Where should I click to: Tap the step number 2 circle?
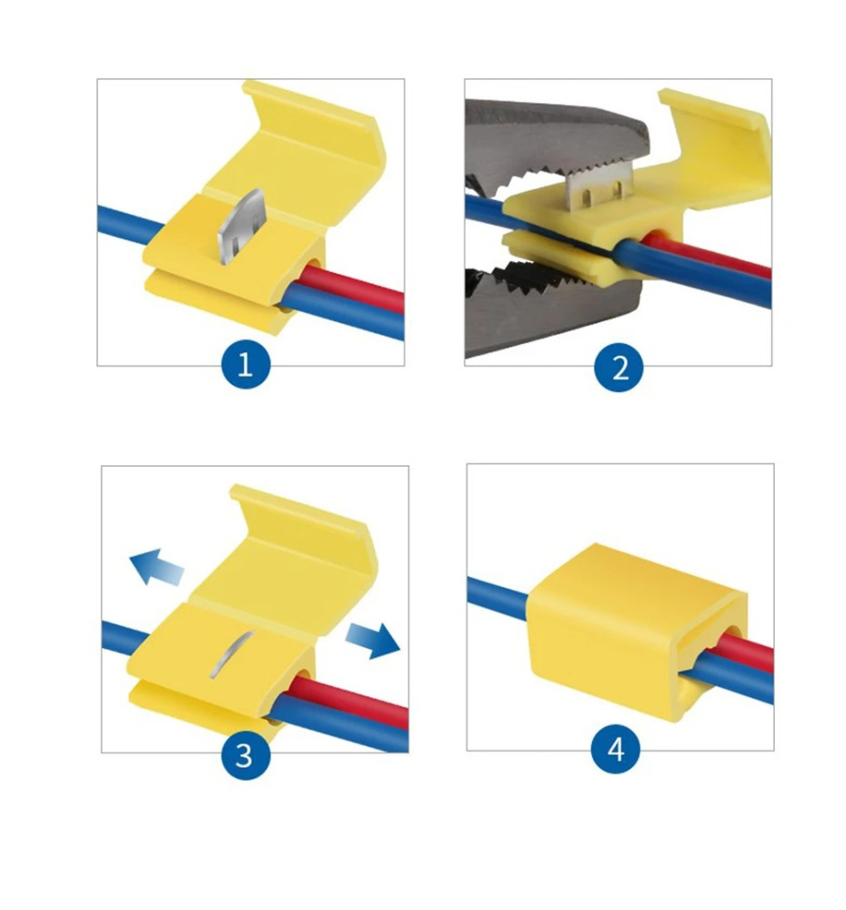coord(619,367)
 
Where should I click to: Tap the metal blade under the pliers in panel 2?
coord(597,185)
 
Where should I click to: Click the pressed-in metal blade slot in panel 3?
coord(230,654)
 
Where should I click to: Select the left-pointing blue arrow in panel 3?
coord(156,566)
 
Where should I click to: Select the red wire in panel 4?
coord(746,650)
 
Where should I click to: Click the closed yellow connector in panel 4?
coord(635,630)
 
